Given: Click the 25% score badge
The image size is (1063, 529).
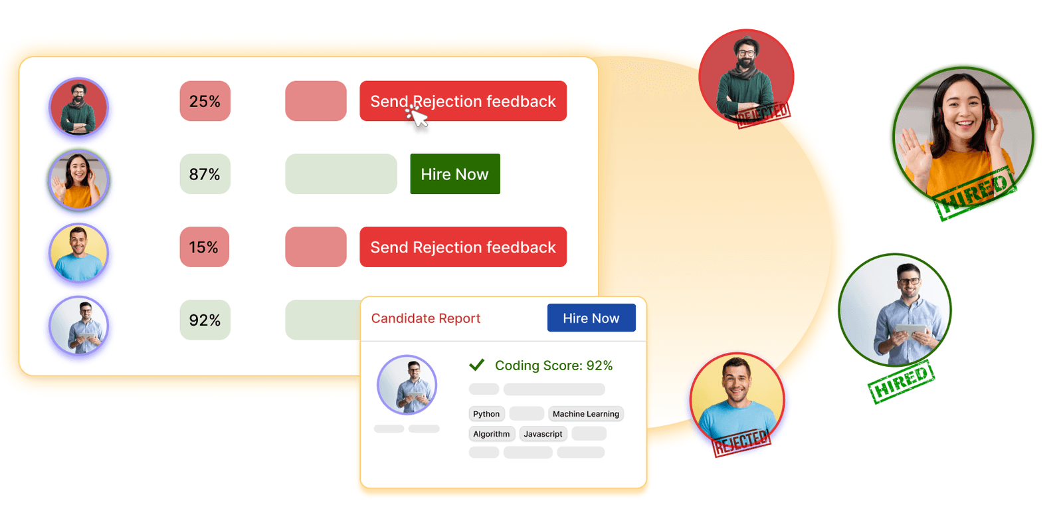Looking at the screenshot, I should [205, 101].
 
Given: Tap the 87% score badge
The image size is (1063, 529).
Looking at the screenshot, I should [205, 174].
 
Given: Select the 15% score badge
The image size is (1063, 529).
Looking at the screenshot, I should [204, 247].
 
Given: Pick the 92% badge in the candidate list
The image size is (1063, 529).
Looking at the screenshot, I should [205, 320].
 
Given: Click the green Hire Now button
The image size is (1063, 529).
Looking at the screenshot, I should [454, 174].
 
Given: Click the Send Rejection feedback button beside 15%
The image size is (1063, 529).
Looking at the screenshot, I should [462, 247].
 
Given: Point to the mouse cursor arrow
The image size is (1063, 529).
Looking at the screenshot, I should [418, 117].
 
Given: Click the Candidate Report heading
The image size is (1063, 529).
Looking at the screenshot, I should [425, 318].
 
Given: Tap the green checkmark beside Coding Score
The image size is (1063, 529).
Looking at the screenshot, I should [476, 365].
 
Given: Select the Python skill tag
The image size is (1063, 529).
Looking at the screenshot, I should [486, 414].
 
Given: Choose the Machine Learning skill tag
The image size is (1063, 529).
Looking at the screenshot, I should [585, 414].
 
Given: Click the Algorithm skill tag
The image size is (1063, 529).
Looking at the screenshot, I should [491, 434].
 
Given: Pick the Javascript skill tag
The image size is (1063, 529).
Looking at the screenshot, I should [543, 434].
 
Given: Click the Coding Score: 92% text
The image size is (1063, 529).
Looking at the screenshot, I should [553, 366].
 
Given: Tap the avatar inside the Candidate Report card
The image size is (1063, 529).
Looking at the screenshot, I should [407, 385].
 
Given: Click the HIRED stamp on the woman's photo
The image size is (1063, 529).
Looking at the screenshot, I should [975, 192].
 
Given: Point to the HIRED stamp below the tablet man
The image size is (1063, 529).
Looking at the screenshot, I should [901, 381].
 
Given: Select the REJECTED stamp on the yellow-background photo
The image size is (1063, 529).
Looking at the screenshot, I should [741, 442].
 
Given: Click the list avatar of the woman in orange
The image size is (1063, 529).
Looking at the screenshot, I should [78, 180].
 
